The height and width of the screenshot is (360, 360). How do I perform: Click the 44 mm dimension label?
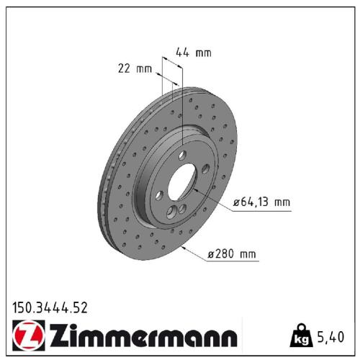[194, 53]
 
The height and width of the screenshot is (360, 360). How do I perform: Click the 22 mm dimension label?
[135, 68]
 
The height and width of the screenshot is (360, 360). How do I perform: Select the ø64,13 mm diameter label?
[262, 202]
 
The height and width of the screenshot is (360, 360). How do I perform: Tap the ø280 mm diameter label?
[232, 253]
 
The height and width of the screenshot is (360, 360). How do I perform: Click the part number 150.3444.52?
[50, 308]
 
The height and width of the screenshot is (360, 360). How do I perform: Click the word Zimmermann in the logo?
[143, 335]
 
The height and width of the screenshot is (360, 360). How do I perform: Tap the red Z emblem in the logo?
[29, 336]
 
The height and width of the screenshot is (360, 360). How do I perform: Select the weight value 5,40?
[330, 337]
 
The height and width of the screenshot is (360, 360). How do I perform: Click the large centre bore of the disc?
[181, 181]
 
